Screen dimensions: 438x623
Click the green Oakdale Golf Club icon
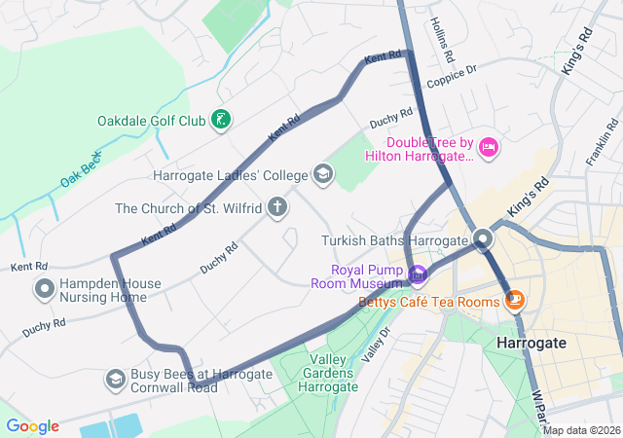(222, 121)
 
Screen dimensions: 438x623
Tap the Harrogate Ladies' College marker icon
(322, 175)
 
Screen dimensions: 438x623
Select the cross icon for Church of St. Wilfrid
(278, 207)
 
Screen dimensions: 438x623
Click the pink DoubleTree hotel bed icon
(489, 148)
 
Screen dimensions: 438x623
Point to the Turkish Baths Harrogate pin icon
(484, 239)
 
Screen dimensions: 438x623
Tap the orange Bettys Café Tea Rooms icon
(515, 302)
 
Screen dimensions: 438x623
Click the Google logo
(32, 426)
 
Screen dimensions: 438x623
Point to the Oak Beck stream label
(80, 169)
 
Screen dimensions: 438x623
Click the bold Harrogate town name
(531, 344)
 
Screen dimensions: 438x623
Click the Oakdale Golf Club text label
(152, 121)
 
